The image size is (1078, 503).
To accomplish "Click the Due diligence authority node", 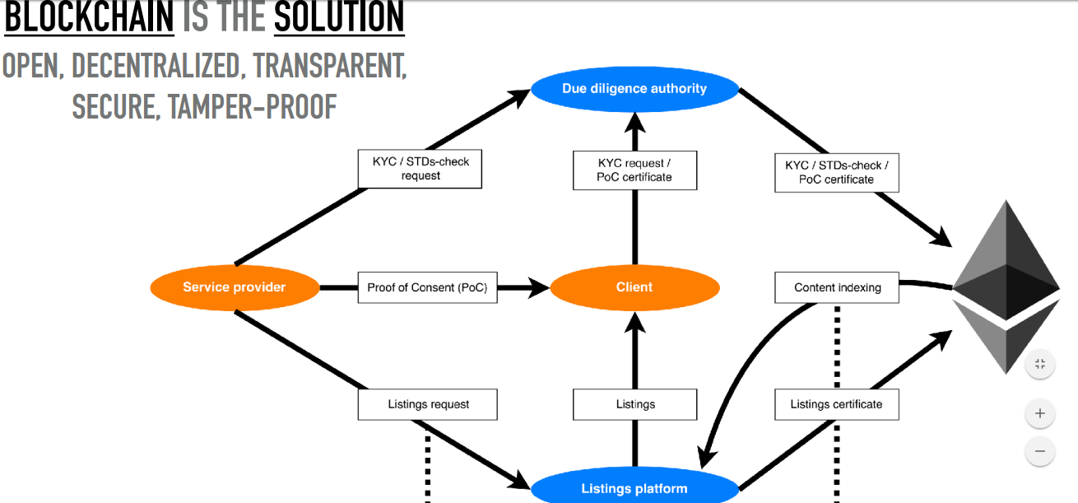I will click(x=634, y=89).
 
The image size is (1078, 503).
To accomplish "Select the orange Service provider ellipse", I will click(x=235, y=287).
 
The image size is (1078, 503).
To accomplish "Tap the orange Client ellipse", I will click(x=634, y=287).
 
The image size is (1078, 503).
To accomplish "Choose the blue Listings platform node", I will click(x=634, y=488).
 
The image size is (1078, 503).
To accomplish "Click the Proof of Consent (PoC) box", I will click(x=427, y=287).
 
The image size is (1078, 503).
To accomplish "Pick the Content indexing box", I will click(x=837, y=287).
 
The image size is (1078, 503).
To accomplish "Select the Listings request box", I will click(x=427, y=404).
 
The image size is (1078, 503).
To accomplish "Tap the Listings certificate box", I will click(x=836, y=404).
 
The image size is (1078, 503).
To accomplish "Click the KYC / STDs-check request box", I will click(x=421, y=169).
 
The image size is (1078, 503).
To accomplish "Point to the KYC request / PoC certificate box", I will click(x=634, y=170).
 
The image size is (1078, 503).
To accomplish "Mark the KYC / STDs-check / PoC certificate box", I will click(x=836, y=172).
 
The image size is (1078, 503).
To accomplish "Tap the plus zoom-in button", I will click(x=1040, y=413).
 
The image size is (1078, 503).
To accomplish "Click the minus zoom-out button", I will click(x=1040, y=451).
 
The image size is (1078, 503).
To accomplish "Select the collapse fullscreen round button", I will click(x=1040, y=364).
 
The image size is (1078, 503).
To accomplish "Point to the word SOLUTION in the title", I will click(x=339, y=18).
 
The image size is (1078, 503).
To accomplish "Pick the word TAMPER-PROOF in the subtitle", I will click(x=253, y=106).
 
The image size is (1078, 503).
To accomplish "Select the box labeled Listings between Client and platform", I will click(x=634, y=404).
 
